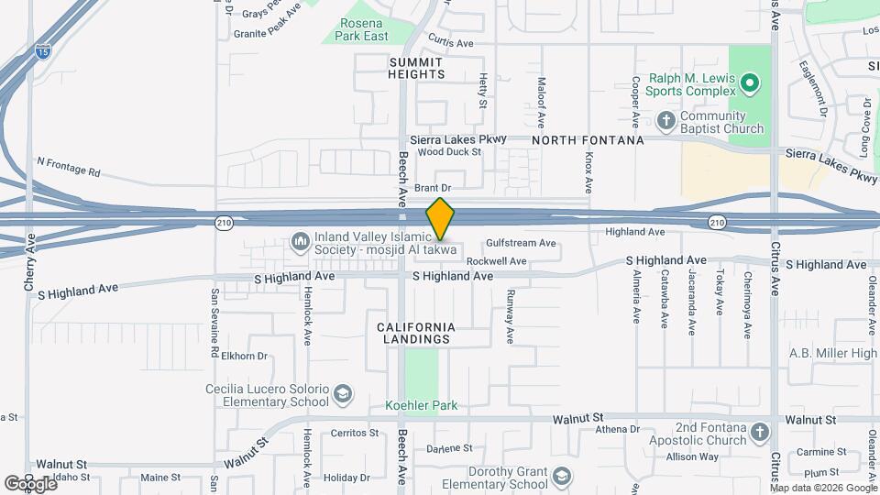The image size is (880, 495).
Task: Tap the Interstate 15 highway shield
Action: click(x=43, y=53)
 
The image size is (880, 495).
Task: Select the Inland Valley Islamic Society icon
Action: click(x=299, y=242)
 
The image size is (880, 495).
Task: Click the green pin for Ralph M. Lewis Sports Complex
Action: click(x=751, y=85)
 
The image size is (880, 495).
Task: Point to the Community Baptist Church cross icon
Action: click(x=666, y=121)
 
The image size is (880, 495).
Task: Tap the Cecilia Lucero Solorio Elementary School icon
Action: click(x=342, y=395)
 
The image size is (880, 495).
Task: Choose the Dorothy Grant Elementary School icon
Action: click(x=561, y=477)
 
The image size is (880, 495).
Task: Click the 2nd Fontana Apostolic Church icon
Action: click(x=759, y=432)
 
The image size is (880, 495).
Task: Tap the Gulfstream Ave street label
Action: click(x=521, y=244)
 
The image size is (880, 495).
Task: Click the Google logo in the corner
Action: click(x=30, y=483)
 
